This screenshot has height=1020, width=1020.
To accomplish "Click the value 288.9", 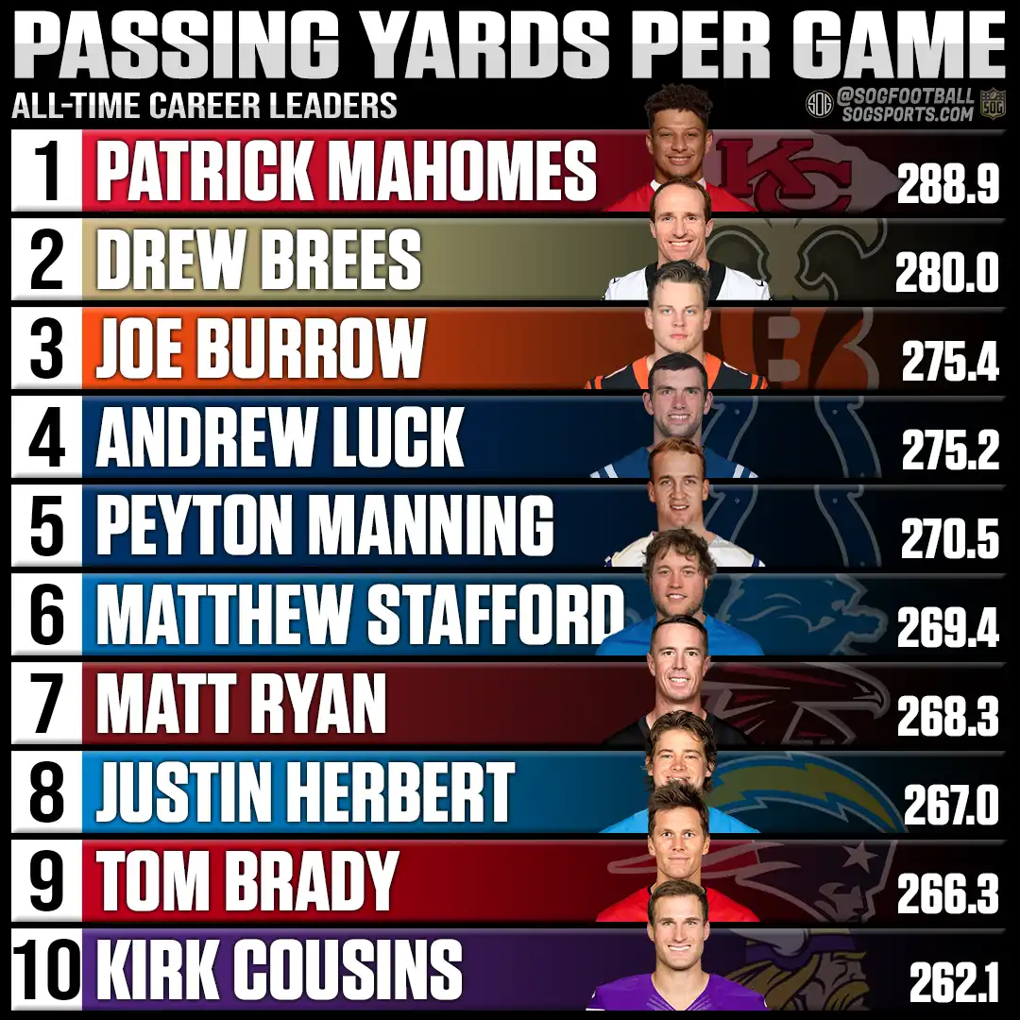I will coord(947,187).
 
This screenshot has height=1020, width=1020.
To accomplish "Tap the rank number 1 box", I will coord(46,171).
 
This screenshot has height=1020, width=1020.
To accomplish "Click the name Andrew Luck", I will coord(280,437).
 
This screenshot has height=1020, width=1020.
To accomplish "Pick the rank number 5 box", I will coord(46,526).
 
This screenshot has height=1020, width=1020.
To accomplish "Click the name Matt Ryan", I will coord(242,704).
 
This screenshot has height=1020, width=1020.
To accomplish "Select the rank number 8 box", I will coord(46,792).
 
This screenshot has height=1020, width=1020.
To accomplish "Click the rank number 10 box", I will coord(46,969).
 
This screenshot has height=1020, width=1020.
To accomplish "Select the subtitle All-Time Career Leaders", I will coord(204,105).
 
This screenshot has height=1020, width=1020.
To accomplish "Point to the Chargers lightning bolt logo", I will coord(803,793).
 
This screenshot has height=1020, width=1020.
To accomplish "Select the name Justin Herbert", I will coord(305,792).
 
